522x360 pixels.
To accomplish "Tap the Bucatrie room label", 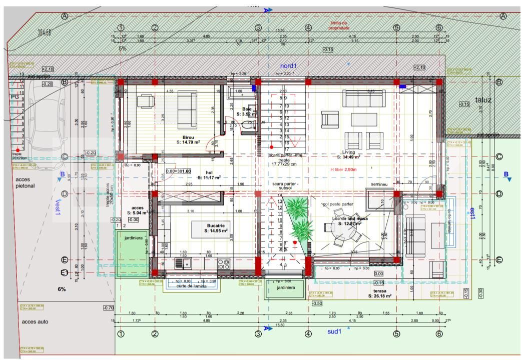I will tap(216, 225).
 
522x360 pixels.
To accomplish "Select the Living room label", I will tap(348, 152).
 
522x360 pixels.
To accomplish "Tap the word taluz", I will tap(483, 100).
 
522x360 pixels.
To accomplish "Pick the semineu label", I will tap(379, 184).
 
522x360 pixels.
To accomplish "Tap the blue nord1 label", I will tap(288, 66).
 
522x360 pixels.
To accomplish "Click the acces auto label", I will tap(35, 321).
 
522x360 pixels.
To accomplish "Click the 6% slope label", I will tap(62, 289).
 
